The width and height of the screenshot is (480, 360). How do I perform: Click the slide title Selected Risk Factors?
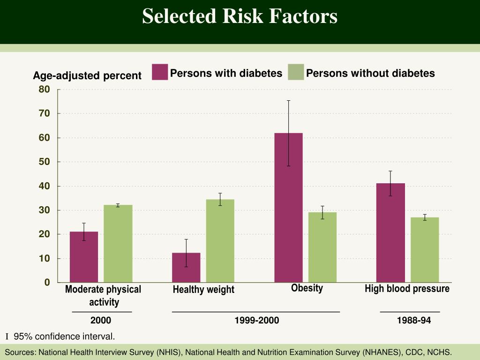(x=240, y=16)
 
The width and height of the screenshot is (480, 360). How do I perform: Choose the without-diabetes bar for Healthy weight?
(x=220, y=241)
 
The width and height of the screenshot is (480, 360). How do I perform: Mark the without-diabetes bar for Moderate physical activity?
(x=118, y=244)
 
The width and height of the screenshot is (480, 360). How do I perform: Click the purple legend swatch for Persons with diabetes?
(x=160, y=72)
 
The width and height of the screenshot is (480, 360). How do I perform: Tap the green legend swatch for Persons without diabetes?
(x=296, y=72)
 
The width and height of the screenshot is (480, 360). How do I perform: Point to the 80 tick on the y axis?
(x=44, y=89)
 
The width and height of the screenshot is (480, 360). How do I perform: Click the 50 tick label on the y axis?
(x=44, y=162)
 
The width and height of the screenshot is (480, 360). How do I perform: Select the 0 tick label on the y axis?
(x=47, y=282)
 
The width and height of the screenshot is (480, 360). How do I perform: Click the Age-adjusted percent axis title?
(x=87, y=75)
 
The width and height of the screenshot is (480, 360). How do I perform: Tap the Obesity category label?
(x=307, y=288)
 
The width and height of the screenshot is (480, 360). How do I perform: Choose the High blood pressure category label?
(x=407, y=289)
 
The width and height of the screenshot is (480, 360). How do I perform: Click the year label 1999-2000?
(x=257, y=321)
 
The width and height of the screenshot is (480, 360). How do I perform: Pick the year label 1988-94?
(x=413, y=321)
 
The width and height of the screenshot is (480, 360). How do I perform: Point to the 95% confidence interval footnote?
(x=64, y=337)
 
